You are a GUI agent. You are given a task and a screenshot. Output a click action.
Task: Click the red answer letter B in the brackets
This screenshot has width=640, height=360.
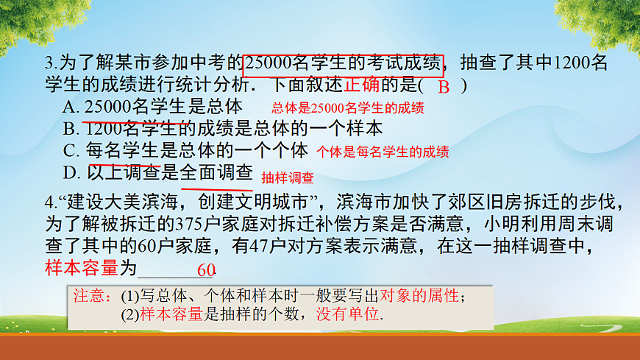[x=443, y=87]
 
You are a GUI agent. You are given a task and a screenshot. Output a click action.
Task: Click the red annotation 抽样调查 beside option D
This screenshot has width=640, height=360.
[x=287, y=177]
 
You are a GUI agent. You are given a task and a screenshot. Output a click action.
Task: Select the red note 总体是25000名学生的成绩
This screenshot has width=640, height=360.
[x=347, y=107]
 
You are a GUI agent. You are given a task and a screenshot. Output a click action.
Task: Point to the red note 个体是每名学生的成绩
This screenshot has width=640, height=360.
[x=383, y=152]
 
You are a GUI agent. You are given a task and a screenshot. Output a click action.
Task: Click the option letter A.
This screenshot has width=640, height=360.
[x=71, y=107]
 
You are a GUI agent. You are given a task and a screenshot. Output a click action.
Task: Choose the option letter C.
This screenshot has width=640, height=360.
[x=71, y=151]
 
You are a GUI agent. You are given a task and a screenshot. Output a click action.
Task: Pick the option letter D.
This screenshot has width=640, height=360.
[x=71, y=174]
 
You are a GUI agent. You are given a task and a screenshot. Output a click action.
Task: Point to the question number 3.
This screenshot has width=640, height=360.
[x=48, y=63]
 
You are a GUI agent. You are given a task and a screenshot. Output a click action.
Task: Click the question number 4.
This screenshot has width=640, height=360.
[x=48, y=202]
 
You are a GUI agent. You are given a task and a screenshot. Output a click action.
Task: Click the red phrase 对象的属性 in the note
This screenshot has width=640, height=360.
[x=422, y=297]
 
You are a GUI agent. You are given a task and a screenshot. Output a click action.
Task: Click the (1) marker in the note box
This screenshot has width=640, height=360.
[x=129, y=297]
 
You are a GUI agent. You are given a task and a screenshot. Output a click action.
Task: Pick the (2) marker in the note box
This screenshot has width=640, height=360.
[x=129, y=314]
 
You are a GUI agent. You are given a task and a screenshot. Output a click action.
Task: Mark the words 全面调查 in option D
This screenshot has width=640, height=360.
[x=216, y=174]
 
